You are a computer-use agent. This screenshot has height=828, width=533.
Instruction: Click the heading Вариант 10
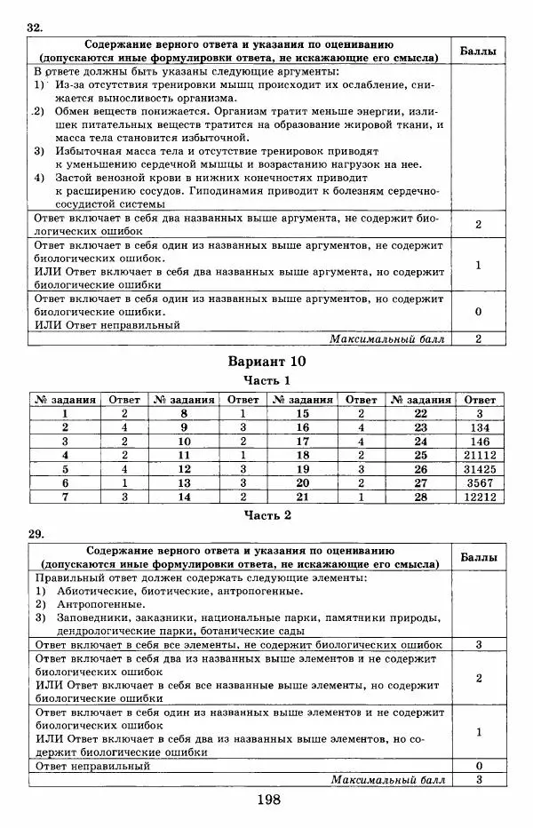pos(266,362)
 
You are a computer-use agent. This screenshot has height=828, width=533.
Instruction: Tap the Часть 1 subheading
pos(266,380)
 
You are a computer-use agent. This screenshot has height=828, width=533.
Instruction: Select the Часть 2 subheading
pos(266,514)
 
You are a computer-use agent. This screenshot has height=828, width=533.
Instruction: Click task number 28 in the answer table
pos(421,498)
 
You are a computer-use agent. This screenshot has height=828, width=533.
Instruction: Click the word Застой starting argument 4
pos(73,177)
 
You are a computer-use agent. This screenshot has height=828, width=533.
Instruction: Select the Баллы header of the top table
pos(479,52)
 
